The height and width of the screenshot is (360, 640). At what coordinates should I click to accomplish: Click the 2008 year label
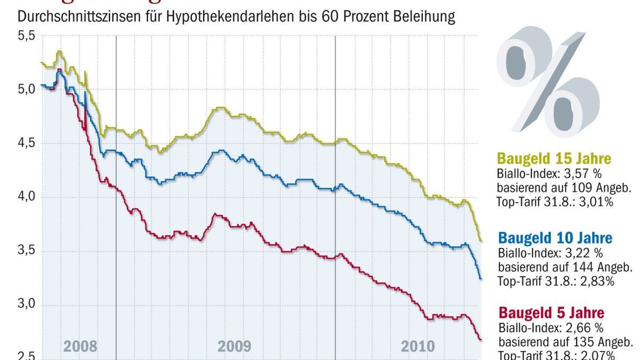click(81, 347)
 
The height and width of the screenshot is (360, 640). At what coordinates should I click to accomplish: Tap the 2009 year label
click(234, 347)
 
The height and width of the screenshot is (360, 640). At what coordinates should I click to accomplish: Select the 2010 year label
click(418, 347)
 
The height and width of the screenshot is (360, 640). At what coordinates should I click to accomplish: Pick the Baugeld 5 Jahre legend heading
click(551, 313)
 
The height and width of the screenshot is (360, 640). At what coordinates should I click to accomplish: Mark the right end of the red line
click(481, 339)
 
